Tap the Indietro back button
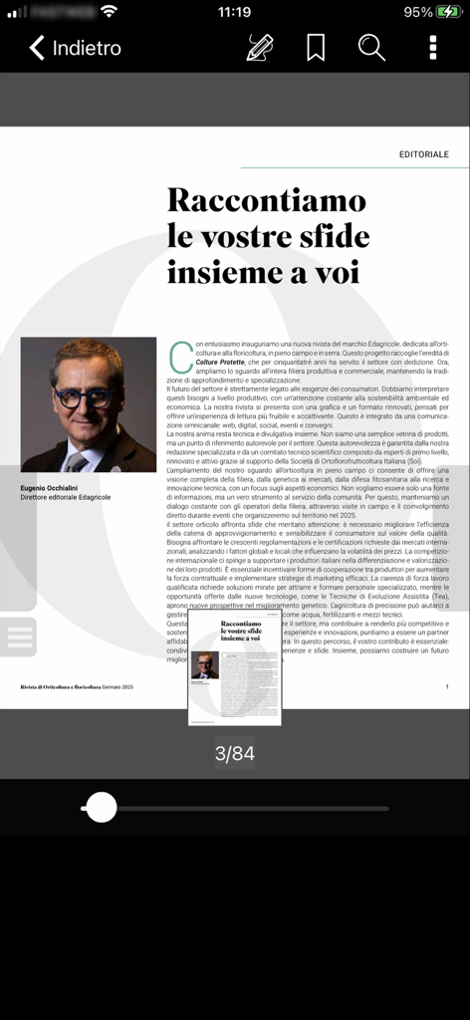75,48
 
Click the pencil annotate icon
260,47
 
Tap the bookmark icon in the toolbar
316,47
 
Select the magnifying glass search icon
371,47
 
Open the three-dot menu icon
432,47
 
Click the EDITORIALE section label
423,154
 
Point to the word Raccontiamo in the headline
266,200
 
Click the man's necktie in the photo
78,461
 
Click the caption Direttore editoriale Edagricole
66,498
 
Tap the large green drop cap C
180,356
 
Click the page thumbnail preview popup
235,667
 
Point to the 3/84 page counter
235,754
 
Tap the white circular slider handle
101,807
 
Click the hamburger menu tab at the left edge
19,637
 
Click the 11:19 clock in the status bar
234,12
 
